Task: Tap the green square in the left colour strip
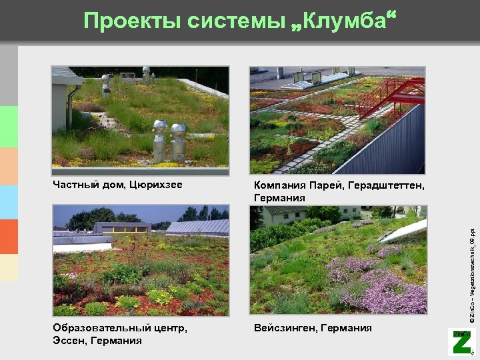(x=9, y=127)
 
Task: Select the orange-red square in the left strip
(x=9, y=237)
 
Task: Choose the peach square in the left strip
(x=9, y=166)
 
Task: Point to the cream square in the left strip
(x=9, y=267)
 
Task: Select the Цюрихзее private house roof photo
(x=141, y=117)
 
